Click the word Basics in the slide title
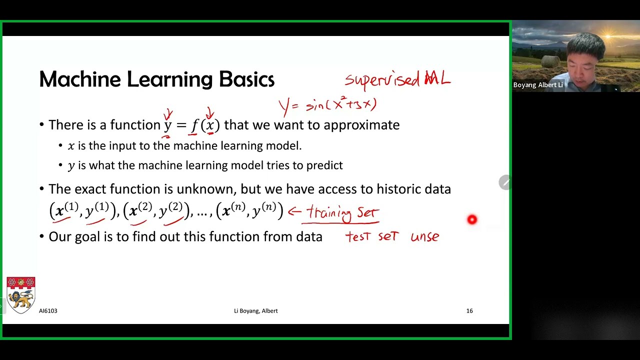[246, 79]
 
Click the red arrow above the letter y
[168, 115]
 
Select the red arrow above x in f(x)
[210, 114]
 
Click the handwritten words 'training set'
[343, 213]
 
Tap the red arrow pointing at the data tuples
[294, 211]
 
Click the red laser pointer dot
[472, 219]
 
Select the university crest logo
[20, 295]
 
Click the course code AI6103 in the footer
[48, 311]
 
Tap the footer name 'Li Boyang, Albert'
[255, 311]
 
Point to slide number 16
[469, 311]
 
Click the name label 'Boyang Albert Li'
[538, 85]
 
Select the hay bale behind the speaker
[550, 61]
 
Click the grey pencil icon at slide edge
[504, 182]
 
